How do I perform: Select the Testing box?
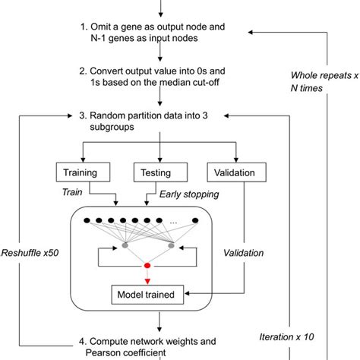(156, 172)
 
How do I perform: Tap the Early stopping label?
(189, 194)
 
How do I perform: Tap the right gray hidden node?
(171, 245)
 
